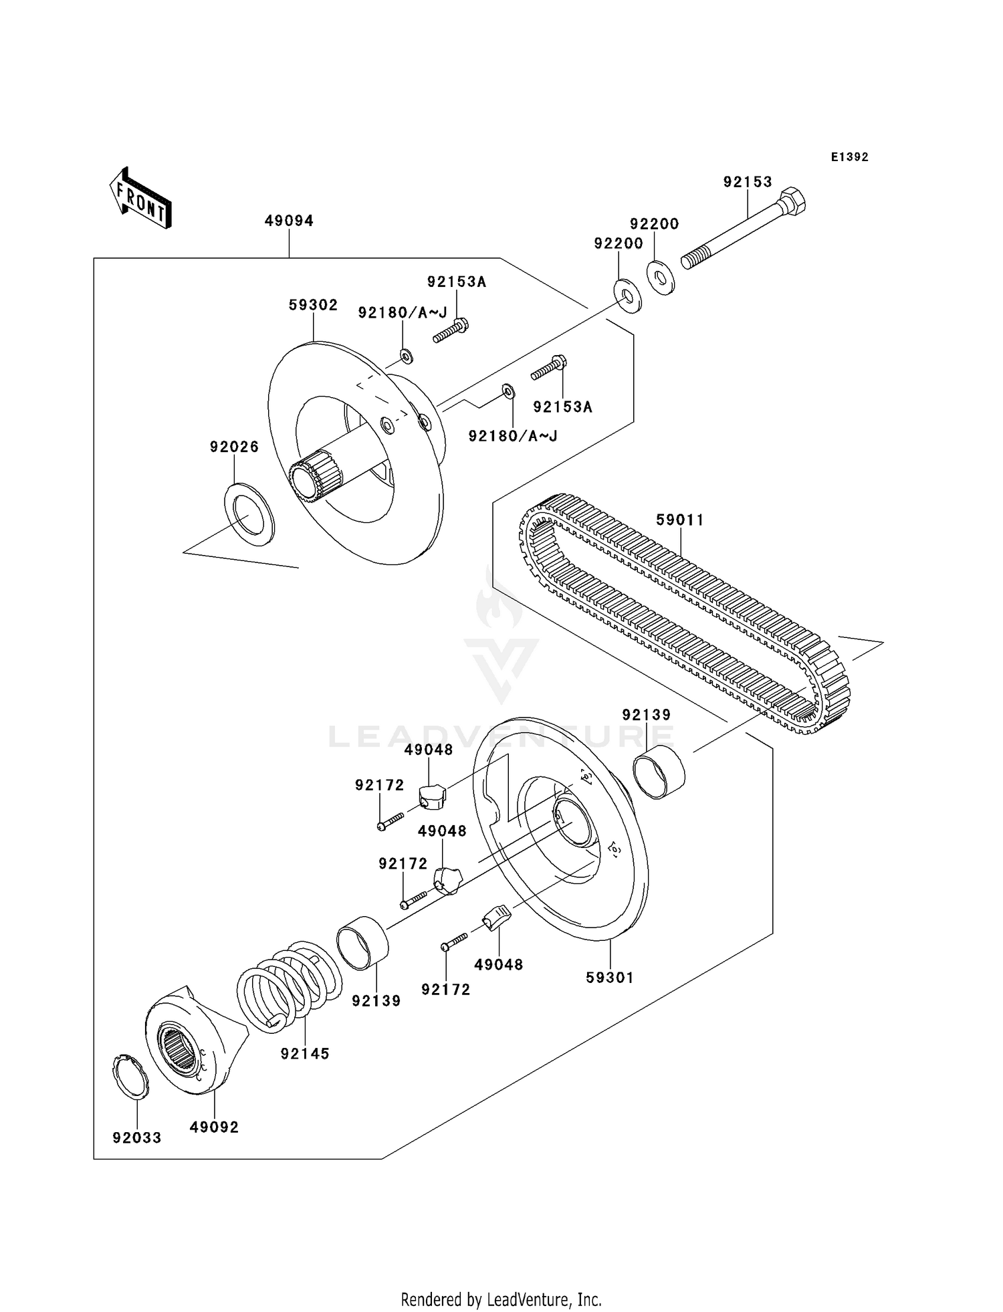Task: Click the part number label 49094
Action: click(289, 221)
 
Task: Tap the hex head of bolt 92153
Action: click(792, 200)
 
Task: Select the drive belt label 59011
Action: click(680, 520)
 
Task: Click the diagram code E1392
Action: click(849, 157)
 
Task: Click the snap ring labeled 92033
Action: click(130, 1077)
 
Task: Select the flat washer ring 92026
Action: click(248, 514)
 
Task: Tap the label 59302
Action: click(313, 305)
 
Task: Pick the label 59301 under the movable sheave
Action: click(609, 977)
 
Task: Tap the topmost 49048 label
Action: click(429, 750)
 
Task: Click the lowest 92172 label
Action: click(446, 989)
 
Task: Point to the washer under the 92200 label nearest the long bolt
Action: click(661, 277)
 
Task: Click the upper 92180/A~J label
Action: click(403, 312)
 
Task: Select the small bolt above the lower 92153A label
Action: click(549, 368)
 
